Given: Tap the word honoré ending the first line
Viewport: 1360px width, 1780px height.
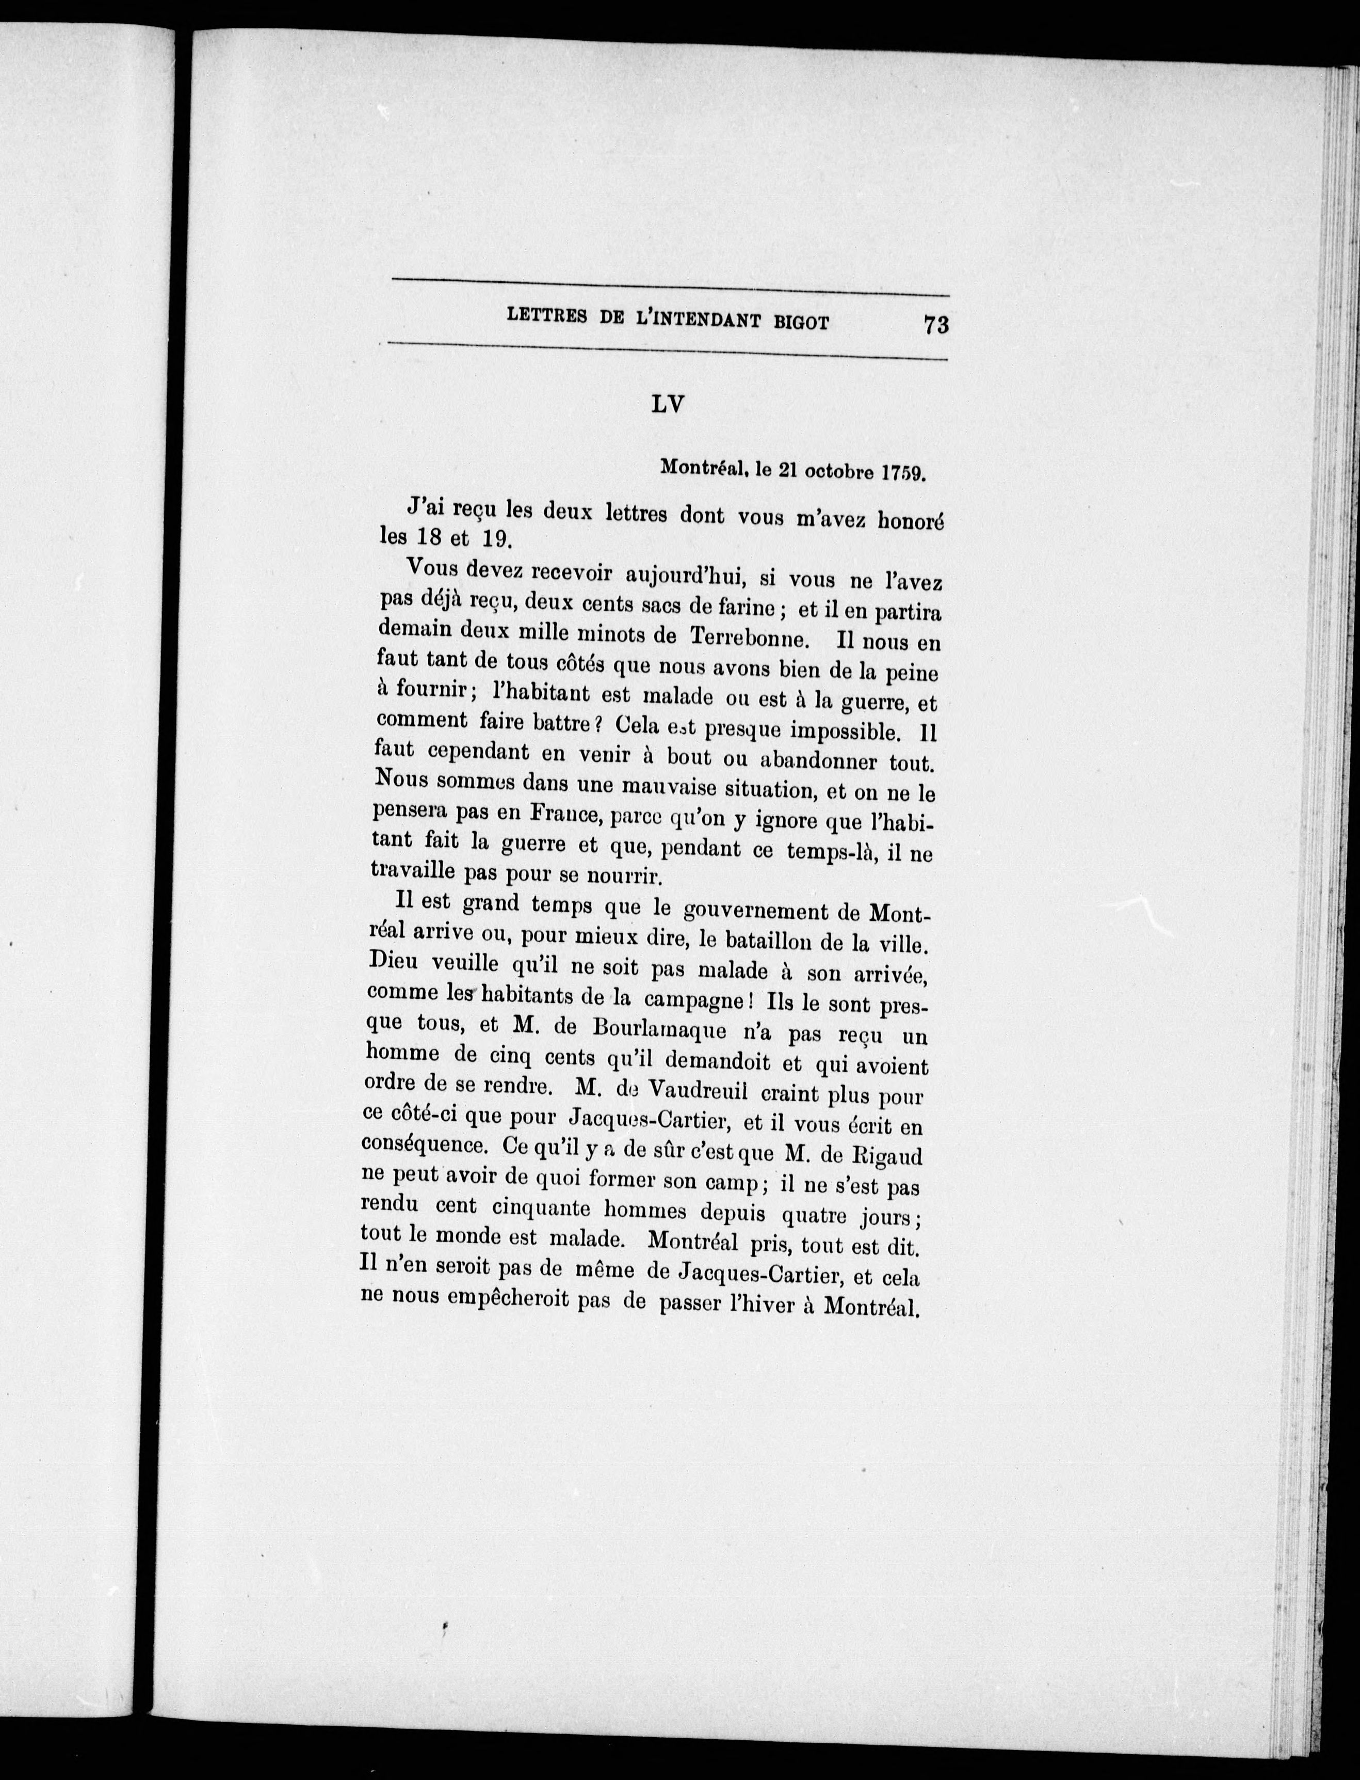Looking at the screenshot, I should pos(911,522).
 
